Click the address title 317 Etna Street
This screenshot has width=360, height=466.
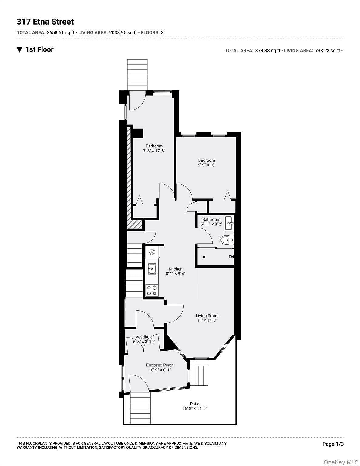[x=45, y=22]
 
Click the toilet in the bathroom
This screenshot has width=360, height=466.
[x=227, y=240]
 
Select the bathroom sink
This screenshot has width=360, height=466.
[x=229, y=223]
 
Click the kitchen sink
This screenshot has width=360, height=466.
[x=152, y=268]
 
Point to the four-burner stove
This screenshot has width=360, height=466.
[x=152, y=290]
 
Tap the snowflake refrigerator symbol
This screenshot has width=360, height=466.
[x=152, y=252]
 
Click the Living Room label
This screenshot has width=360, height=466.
[x=207, y=316]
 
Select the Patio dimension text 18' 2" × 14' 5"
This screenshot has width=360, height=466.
[x=195, y=409]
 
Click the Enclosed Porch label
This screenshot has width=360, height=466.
[x=160, y=365]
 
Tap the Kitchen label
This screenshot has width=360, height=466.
[x=176, y=269]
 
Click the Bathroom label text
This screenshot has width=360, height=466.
[x=211, y=219]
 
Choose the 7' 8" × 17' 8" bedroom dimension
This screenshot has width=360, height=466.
[x=154, y=151]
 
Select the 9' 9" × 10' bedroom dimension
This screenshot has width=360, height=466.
[x=206, y=165]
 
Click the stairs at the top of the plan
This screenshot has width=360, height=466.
[x=137, y=75]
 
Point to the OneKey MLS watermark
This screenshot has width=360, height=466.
[x=341, y=461]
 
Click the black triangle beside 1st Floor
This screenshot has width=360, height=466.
[x=19, y=50]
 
